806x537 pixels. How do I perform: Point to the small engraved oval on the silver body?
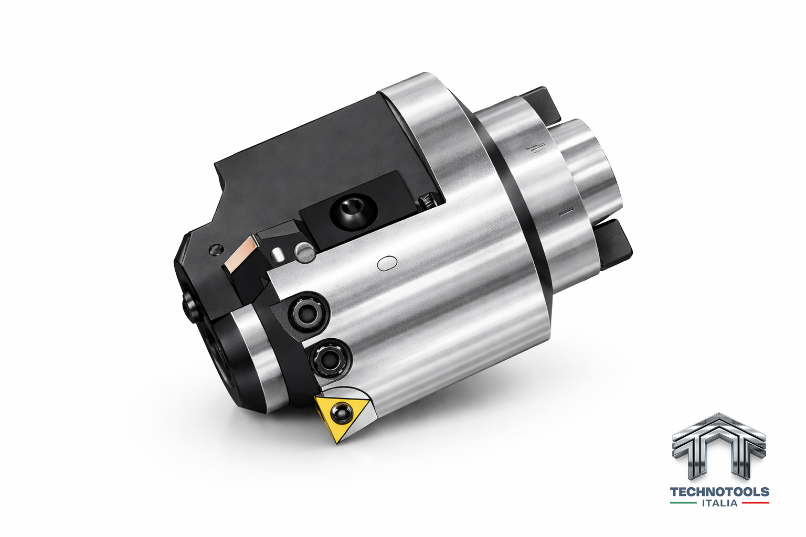[x=387, y=263]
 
